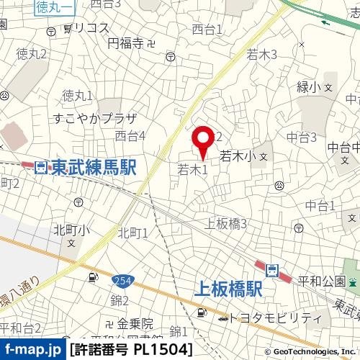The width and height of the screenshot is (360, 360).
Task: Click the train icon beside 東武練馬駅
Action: point(41,168)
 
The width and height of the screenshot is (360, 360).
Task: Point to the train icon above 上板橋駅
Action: point(272,271)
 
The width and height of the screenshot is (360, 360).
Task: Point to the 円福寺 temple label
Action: point(127,44)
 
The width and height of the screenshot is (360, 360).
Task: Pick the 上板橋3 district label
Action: point(226,224)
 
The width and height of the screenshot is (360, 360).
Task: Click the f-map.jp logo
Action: point(32,350)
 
